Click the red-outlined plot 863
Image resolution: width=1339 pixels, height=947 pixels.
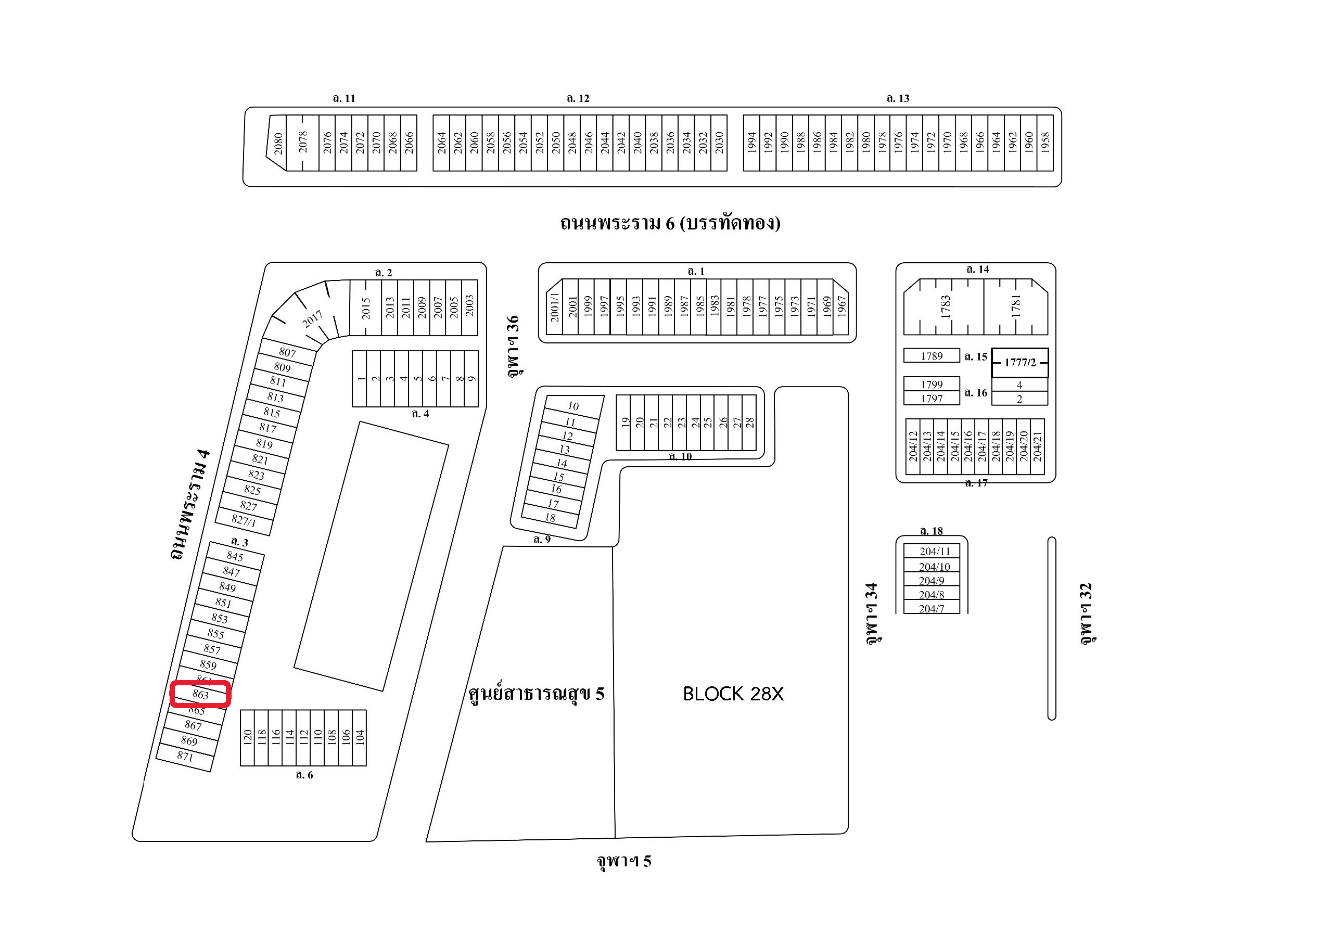click(200, 694)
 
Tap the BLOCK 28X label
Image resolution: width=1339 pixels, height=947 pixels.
click(733, 693)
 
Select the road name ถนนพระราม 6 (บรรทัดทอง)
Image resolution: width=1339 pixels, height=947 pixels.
click(670, 223)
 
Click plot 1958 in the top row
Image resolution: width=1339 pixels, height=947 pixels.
click(1045, 144)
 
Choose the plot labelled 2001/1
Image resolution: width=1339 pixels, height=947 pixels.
click(555, 308)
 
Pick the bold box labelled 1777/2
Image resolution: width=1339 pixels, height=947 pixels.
click(1019, 362)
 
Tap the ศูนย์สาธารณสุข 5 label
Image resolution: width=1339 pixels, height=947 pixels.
click(536, 693)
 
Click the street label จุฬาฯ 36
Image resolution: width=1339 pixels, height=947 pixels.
click(513, 346)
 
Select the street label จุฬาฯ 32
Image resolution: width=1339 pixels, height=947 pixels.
click(1086, 613)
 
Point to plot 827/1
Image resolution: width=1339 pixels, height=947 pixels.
click(244, 520)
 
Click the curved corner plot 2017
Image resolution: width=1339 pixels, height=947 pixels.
click(312, 319)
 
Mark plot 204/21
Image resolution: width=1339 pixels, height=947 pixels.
click(1037, 446)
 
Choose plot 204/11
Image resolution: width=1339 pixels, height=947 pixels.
click(934, 551)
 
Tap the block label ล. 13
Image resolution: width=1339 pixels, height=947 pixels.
click(898, 98)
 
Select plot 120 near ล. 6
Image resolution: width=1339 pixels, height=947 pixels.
click(247, 737)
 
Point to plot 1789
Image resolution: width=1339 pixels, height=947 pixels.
click(932, 356)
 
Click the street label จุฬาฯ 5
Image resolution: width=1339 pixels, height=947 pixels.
click(623, 861)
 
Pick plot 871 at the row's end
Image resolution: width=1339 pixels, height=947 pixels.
click(185, 757)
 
